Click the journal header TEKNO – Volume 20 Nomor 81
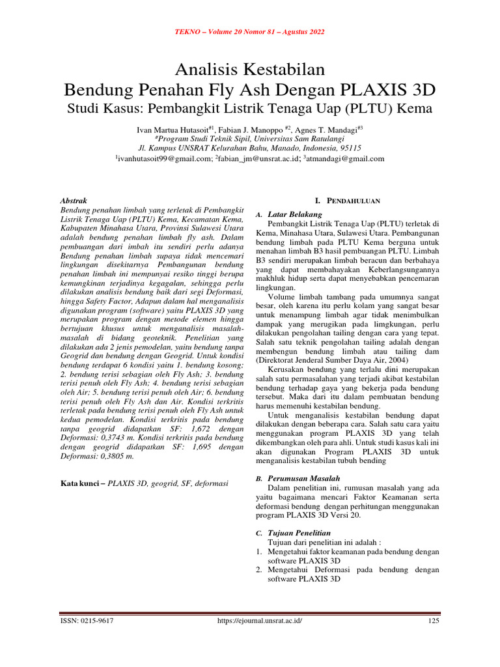click(x=249, y=32)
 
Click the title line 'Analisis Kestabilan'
click(x=249, y=68)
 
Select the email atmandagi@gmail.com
click(x=346, y=158)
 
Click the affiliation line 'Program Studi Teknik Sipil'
click(x=249, y=139)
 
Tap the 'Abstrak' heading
click(x=73, y=201)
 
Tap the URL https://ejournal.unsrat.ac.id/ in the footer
click(x=259, y=621)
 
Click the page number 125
click(x=434, y=621)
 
